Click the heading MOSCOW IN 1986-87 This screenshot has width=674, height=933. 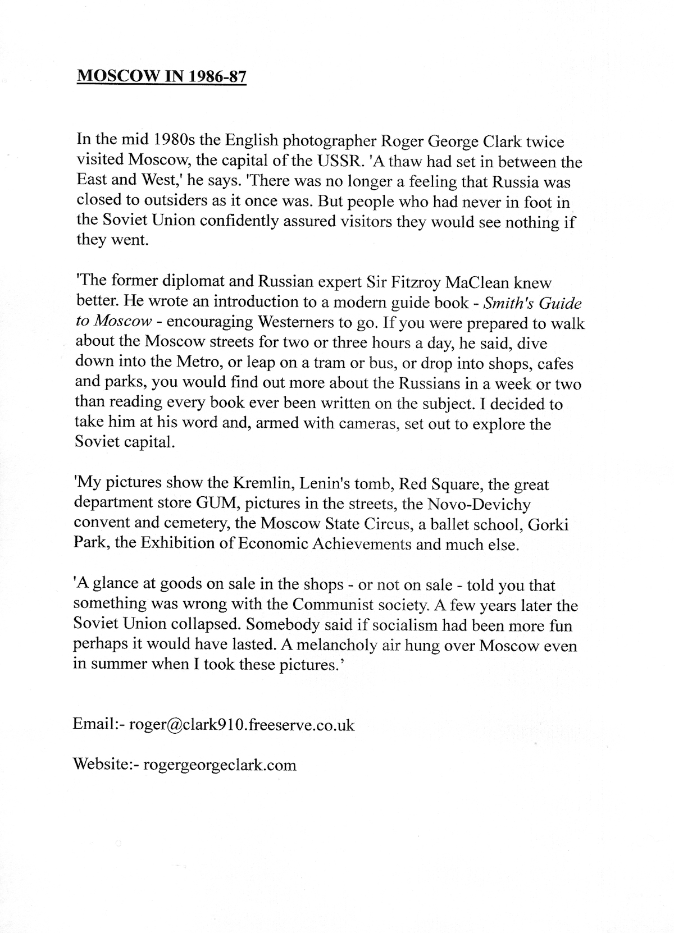[x=161, y=76]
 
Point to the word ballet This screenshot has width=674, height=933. [x=445, y=524]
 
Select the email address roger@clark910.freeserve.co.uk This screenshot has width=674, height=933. [x=242, y=725]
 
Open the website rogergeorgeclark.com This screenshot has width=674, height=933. [x=220, y=765]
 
